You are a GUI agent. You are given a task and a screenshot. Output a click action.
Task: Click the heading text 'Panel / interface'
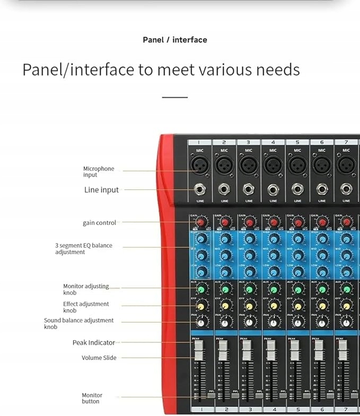point(175,40)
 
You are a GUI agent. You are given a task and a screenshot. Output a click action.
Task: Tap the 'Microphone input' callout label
point(99,172)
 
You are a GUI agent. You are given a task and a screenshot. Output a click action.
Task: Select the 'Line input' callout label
point(101,190)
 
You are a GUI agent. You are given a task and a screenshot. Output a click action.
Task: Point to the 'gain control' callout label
point(99,223)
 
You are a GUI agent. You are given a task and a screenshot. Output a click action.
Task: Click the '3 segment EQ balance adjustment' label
point(84,249)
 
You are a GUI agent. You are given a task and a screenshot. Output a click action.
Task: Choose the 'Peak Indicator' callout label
point(93,343)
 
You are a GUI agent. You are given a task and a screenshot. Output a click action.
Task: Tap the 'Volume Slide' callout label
point(99,358)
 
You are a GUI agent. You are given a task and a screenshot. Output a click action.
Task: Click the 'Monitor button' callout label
point(92,398)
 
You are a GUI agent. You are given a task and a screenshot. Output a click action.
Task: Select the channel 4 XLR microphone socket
point(273,165)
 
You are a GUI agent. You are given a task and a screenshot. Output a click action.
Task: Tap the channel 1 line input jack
point(200,188)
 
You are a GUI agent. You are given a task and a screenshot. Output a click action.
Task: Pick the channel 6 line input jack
point(322,188)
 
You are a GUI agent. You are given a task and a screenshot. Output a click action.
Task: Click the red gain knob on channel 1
point(201,222)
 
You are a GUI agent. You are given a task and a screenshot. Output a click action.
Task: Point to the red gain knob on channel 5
point(298,222)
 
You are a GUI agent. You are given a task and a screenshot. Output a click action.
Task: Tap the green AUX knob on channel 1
point(201,290)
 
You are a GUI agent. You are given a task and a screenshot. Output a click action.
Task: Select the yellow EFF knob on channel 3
point(250,306)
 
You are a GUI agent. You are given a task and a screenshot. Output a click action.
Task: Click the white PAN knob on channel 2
point(225,323)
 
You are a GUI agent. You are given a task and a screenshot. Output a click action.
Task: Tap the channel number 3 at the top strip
point(248,142)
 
